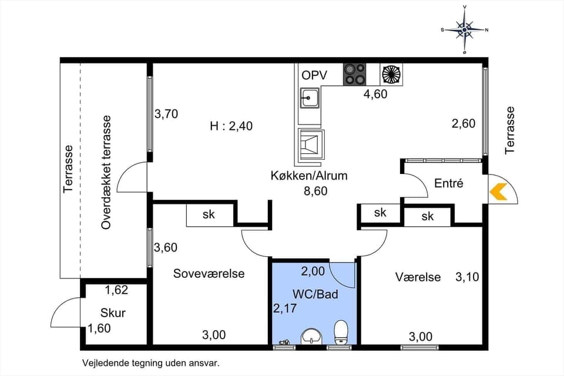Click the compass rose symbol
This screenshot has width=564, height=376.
point(464,29)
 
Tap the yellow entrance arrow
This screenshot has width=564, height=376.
point(498,192)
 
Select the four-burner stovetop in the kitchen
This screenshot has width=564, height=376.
point(355,74)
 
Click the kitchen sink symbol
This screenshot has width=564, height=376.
point(309,98)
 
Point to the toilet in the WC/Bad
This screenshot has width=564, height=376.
point(341,333)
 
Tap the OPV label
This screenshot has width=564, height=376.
point(314,75)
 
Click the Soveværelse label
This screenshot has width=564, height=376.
point(209,273)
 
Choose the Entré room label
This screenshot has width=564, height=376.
point(449,183)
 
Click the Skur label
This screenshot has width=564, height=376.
point(113,313)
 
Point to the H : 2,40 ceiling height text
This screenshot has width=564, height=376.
point(231,126)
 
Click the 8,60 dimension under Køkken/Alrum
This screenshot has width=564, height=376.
point(315,190)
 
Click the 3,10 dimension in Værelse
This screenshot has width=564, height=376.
point(467,276)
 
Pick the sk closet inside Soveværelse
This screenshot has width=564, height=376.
point(209,214)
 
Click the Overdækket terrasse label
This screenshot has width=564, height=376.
point(106,172)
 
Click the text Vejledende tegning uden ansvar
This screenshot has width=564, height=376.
point(150,363)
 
